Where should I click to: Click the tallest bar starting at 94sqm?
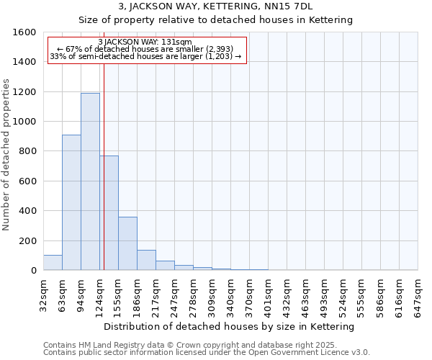pos(90,181)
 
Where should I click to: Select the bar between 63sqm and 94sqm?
pos(71,202)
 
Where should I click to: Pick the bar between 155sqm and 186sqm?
pos(127,243)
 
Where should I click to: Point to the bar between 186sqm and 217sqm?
pos(146,260)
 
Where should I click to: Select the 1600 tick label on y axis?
pos(24,32)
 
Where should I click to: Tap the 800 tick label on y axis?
pos(27,151)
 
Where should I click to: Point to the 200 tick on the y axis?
pos(27,240)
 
